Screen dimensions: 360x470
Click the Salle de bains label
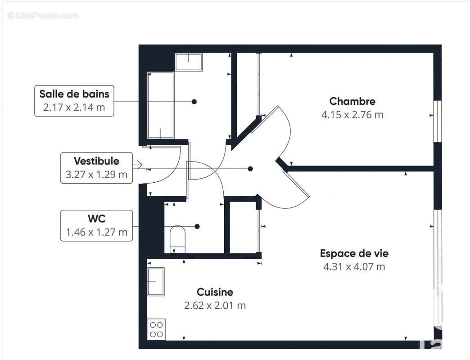tap(74, 94)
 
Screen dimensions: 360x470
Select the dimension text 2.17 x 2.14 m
tap(74, 108)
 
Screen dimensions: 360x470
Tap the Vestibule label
tap(96, 161)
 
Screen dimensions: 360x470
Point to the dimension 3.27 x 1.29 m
tap(96, 175)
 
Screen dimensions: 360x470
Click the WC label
tap(96, 219)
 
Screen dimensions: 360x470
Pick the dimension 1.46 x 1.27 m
tap(96, 233)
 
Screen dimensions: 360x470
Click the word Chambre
tap(352, 101)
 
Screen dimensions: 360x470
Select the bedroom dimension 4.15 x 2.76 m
tap(352, 115)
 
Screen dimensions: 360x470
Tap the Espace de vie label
tap(354, 253)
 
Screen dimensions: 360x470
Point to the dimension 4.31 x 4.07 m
tap(354, 267)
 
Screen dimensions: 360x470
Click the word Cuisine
tap(215, 292)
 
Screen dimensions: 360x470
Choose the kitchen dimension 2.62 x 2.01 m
tap(215, 306)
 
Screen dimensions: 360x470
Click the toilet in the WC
tap(178, 238)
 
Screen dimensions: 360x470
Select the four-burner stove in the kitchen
tap(156, 329)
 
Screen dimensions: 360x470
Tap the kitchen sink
tap(156, 282)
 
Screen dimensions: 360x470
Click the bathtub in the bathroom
tap(161, 105)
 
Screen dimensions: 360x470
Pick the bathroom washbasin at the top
tap(188, 62)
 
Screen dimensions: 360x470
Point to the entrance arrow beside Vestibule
tap(138, 165)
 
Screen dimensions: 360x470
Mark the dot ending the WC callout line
tap(197, 226)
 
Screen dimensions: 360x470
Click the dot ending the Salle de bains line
tap(194, 102)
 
